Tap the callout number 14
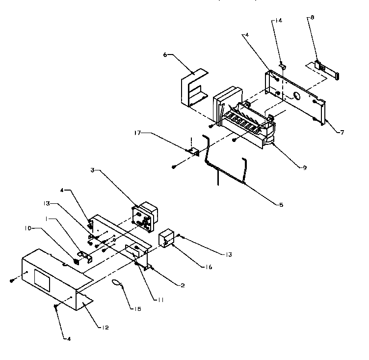coord(279,21)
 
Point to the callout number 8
coord(312,17)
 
